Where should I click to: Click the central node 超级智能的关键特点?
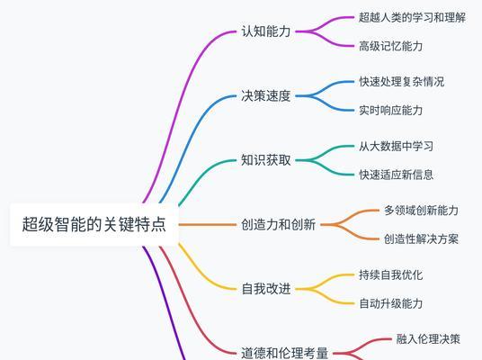(94, 224)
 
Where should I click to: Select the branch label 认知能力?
(266, 31)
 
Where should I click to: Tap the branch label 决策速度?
(266, 95)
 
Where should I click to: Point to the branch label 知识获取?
(266, 160)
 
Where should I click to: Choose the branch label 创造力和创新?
(278, 225)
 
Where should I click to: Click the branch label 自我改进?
(266, 289)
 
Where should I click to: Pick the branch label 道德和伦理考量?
(284, 353)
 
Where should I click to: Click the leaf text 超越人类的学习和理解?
(412, 17)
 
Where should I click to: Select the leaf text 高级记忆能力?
(391, 46)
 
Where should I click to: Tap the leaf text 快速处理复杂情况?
(402, 82)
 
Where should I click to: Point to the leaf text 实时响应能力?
(391, 110)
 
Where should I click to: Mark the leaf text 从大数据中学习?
(397, 146)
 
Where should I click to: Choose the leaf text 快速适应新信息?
(397, 175)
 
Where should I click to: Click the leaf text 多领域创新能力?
(422, 211)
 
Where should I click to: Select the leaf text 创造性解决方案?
(422, 239)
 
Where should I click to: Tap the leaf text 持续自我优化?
(391, 274)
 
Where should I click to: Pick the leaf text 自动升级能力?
(391, 303)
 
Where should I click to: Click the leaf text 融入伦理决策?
(428, 339)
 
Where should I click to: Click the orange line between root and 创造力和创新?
(208, 225)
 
